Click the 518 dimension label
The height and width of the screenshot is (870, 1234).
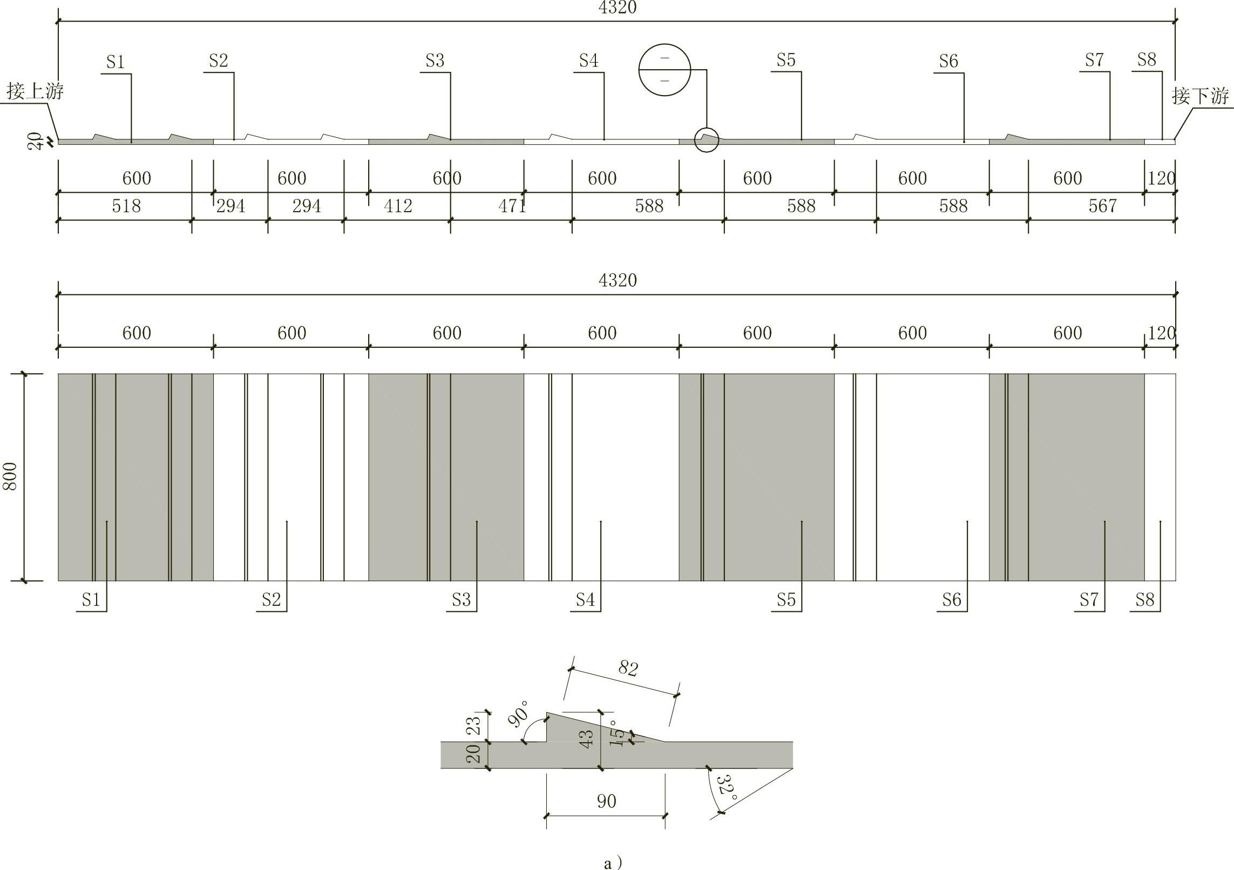coord(126,206)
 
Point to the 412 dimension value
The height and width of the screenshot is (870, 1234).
coord(398,206)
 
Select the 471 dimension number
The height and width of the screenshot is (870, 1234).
coord(512,206)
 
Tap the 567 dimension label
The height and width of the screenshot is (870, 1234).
coord(1102,206)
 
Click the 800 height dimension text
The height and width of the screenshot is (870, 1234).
coord(10,476)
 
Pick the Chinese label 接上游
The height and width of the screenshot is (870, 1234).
coord(35,91)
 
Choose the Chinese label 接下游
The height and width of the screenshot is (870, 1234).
coord(1200,96)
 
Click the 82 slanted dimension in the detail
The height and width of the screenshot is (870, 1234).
coord(628,669)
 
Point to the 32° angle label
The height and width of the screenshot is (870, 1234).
coord(727,789)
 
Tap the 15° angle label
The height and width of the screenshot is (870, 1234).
coord(617,733)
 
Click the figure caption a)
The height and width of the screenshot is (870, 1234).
coord(613,863)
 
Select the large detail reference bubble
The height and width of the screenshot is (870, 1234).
coord(665,70)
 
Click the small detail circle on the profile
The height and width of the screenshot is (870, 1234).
coord(707,140)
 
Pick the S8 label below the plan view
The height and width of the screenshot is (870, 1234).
coord(1144,600)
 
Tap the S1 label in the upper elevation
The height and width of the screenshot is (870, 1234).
coord(116,63)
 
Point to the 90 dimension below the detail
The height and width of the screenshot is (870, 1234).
coord(607,801)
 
